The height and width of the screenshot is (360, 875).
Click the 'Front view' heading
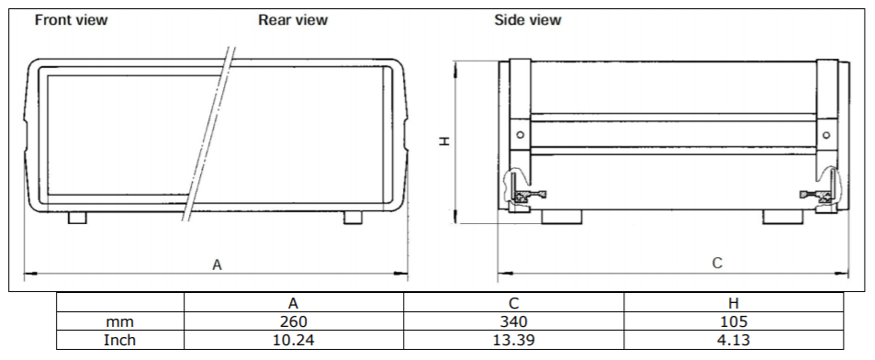(x=71, y=20)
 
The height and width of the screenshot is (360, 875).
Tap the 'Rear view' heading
(x=293, y=20)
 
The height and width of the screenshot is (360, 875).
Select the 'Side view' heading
(x=527, y=20)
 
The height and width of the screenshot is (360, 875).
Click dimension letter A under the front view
(x=217, y=264)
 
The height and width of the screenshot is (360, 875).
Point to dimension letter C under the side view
(x=718, y=263)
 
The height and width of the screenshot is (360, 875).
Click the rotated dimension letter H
(x=444, y=141)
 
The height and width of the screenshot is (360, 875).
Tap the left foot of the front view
(x=77, y=218)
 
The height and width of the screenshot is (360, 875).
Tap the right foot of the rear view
(x=353, y=218)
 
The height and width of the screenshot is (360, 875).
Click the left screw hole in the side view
(x=520, y=134)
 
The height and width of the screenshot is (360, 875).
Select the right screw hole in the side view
(x=826, y=134)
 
